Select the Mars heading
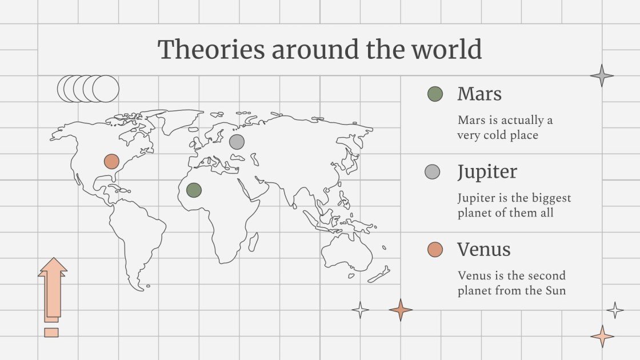click(x=479, y=94)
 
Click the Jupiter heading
click(x=487, y=171)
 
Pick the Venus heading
click(x=483, y=249)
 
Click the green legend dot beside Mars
click(x=435, y=94)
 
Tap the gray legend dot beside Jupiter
click(x=433, y=171)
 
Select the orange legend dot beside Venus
click(x=435, y=249)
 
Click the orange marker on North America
click(x=111, y=161)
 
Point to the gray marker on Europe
click(x=237, y=141)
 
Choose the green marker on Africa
click(x=194, y=190)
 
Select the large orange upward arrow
click(x=53, y=286)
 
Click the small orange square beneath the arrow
click(x=51, y=332)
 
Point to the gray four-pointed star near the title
click(x=602, y=75)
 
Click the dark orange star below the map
click(x=401, y=310)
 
